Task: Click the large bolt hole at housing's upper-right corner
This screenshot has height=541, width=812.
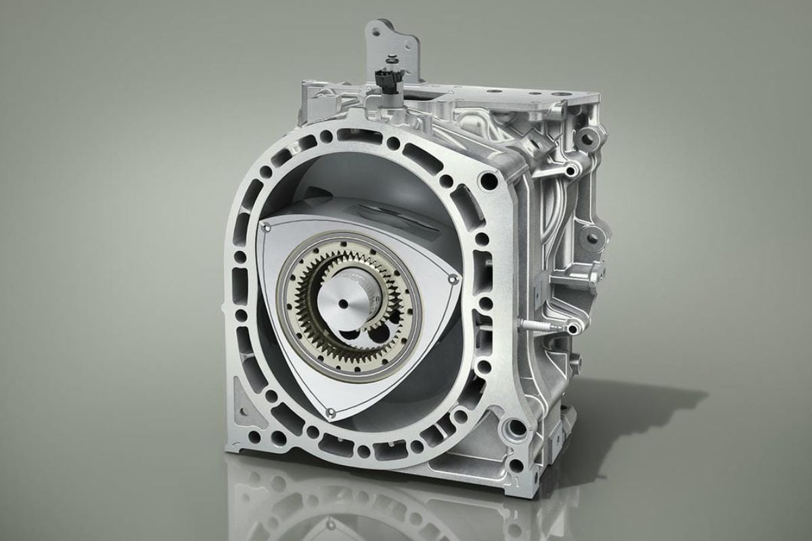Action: coord(486,181)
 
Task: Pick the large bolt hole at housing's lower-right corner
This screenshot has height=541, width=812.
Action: coord(516,427)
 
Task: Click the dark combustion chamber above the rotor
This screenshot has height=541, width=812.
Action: coord(352,176)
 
